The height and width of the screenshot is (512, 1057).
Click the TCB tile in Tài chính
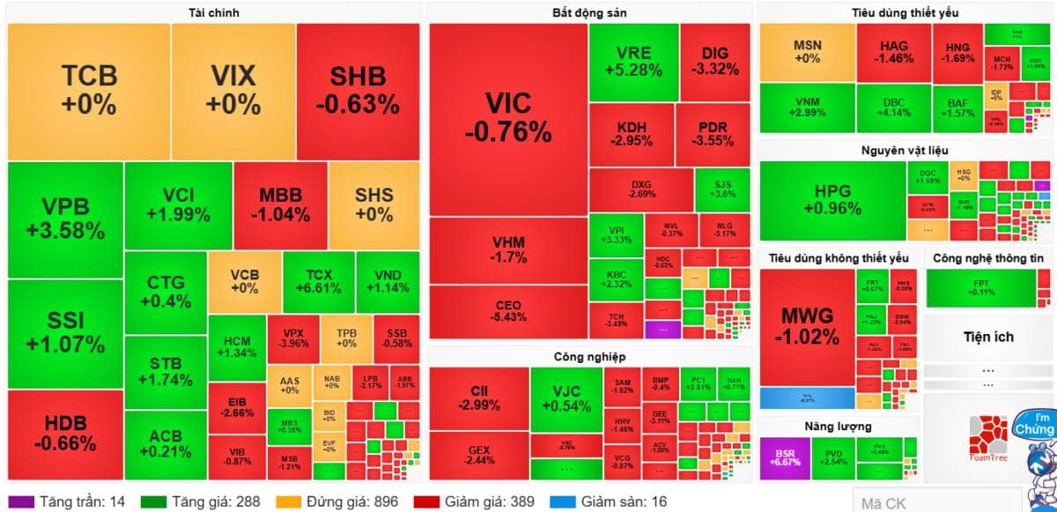coord(88,91)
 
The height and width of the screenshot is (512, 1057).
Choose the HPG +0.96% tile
coord(832,200)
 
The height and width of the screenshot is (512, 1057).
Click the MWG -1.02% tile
coord(806,326)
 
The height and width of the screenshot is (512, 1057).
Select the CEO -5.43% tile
coord(508,311)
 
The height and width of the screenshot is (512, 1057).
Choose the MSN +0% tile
coord(806,52)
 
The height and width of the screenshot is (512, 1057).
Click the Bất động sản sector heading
coord(589,12)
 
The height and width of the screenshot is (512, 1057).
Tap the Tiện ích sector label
coord(988,337)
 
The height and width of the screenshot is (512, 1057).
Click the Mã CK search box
coord(936,503)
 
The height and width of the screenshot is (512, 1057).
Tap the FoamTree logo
coord(987,437)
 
